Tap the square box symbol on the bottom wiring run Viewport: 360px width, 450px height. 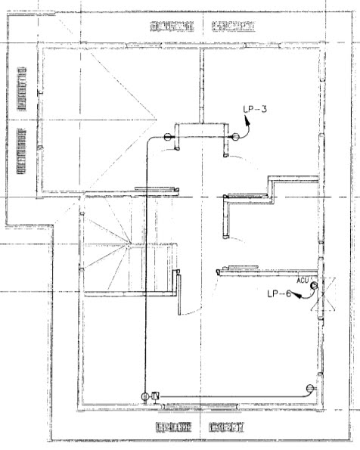155,396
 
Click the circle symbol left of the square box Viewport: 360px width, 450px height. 144,396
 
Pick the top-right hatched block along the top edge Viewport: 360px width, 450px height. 231,28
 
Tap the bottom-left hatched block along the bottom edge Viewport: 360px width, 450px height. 174,427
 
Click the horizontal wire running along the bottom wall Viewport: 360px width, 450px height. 227,396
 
